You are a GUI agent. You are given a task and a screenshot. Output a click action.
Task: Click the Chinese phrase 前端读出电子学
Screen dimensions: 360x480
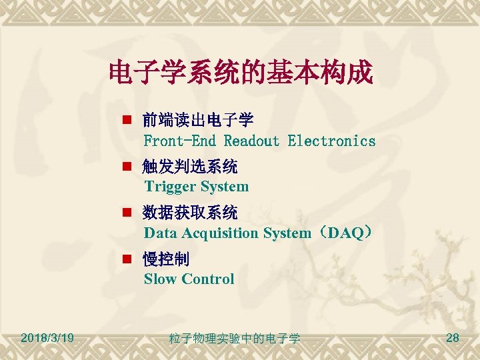point(198,121)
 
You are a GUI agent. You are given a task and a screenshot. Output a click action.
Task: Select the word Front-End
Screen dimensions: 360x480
point(180,141)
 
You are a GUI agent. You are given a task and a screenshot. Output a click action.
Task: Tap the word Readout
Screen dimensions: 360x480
point(251,141)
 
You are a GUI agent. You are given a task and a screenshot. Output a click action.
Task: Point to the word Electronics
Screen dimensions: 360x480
point(331,141)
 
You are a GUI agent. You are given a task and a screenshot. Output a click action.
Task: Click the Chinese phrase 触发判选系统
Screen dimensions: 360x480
point(190,166)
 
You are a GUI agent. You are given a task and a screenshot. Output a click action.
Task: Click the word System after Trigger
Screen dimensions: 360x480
point(224,187)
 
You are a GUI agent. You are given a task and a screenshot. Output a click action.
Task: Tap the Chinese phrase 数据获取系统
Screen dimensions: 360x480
point(190,213)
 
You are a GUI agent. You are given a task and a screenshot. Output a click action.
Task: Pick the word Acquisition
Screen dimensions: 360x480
point(221,233)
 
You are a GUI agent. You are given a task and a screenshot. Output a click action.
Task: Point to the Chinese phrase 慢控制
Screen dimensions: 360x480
point(166,259)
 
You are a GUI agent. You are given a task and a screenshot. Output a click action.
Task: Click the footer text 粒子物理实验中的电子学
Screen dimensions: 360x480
point(235,339)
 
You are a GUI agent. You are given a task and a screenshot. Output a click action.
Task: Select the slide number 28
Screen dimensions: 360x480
point(452,338)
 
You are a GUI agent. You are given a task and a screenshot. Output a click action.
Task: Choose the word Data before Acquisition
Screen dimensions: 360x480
point(159,233)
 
